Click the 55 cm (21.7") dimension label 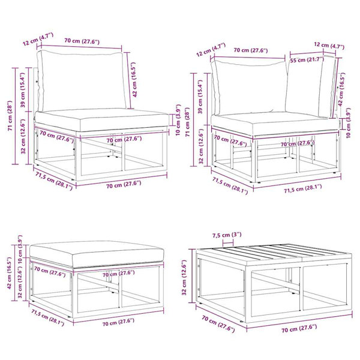(x=307, y=59)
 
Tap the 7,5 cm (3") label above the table (x=227, y=235)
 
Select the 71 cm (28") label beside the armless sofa (x=10, y=115)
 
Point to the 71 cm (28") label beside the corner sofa (x=188, y=122)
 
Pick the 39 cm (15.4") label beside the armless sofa (x=23, y=90)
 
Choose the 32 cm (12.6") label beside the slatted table (x=184, y=277)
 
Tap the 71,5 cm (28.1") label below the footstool (x=48, y=318)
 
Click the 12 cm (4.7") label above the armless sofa (x=38, y=39)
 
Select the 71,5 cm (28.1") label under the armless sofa (x=54, y=181)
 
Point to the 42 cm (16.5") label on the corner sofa (x=341, y=89)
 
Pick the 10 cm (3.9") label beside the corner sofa (x=349, y=122)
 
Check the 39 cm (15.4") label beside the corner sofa (x=200, y=97)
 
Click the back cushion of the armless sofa (x=82, y=80)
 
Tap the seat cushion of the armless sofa (x=101, y=119)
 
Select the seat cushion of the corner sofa (x=275, y=124)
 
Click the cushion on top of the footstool (x=97, y=254)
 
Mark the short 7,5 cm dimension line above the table (x=228, y=242)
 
